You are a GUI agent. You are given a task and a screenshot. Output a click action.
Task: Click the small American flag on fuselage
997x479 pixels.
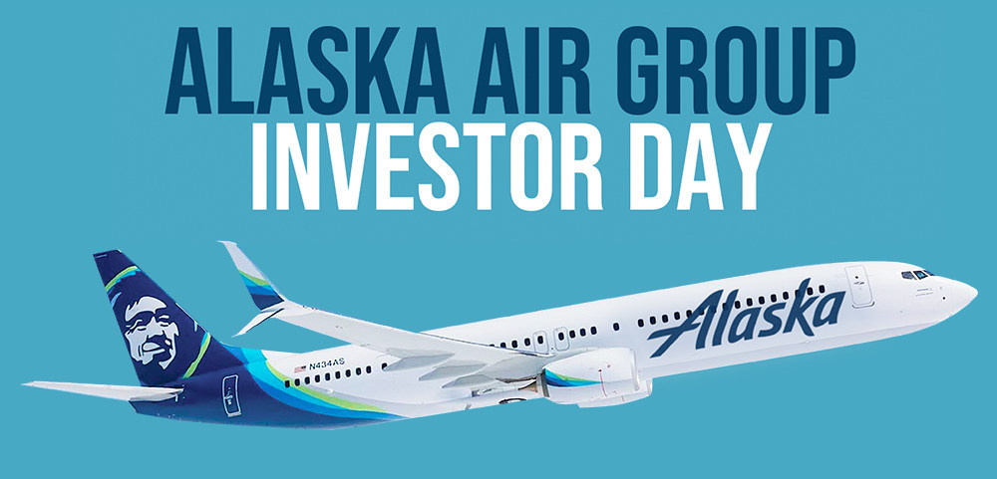[300, 368]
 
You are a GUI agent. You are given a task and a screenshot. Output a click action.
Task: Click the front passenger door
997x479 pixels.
[858, 285]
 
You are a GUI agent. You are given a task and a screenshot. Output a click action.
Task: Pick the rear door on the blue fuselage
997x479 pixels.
[230, 393]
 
